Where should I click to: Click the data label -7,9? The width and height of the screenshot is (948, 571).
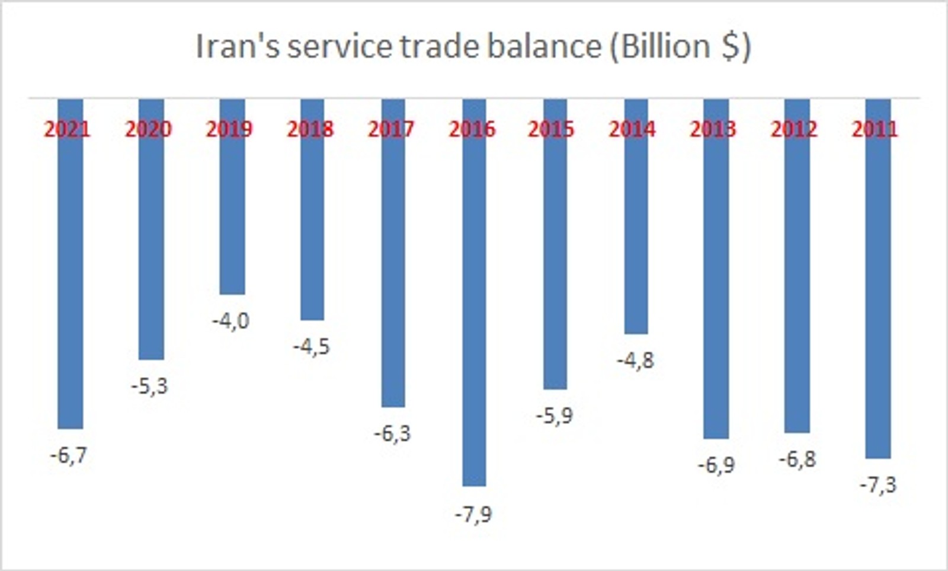click(x=473, y=514)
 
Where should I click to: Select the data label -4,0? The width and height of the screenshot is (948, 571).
click(x=231, y=321)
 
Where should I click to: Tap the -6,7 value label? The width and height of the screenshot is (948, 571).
click(x=69, y=455)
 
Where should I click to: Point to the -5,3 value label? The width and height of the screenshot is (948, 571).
click(x=150, y=387)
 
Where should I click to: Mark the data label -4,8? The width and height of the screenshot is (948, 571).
click(x=635, y=361)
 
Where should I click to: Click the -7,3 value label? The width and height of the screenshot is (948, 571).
click(x=878, y=485)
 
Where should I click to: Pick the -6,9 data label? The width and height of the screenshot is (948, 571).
click(x=716, y=465)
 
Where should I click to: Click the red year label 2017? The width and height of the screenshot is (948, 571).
click(x=391, y=129)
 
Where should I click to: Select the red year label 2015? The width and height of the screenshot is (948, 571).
click(x=551, y=129)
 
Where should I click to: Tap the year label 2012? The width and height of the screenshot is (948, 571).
click(x=794, y=129)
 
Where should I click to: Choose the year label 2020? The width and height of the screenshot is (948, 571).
click(x=148, y=129)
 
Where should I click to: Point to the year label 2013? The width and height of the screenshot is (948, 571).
click(x=713, y=129)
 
